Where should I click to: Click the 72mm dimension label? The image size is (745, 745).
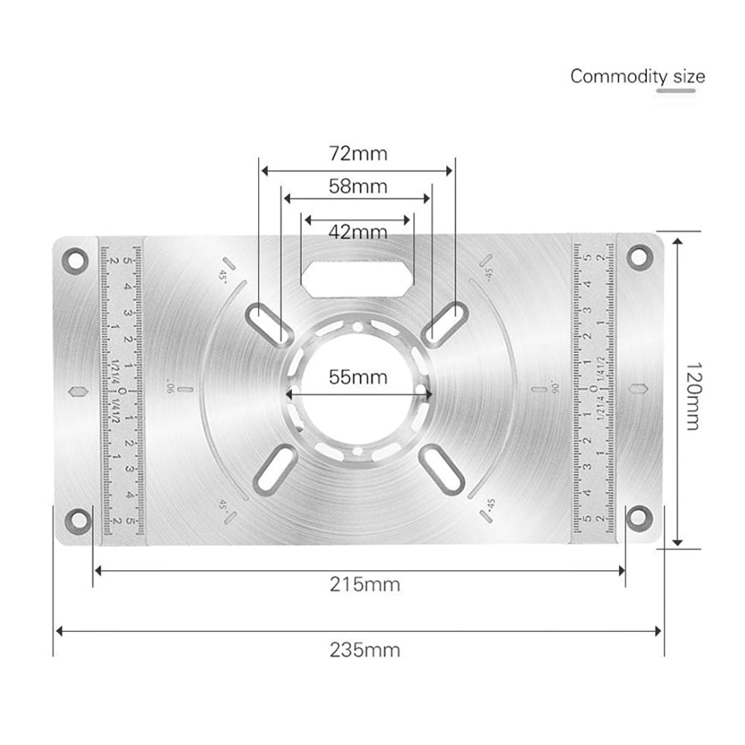357,154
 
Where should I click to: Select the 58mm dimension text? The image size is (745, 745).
357,187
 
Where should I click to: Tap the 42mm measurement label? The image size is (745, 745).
357,232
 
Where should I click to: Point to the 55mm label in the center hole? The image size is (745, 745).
357,377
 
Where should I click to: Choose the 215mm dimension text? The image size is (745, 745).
364,584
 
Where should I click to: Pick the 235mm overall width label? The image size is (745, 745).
364,650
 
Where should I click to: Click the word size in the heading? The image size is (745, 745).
689,76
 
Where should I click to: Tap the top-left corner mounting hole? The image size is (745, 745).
76,259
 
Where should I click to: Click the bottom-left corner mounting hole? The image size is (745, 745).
77,520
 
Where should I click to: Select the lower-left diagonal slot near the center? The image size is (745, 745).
272,469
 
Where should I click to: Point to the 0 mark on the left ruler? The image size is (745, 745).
123,391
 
